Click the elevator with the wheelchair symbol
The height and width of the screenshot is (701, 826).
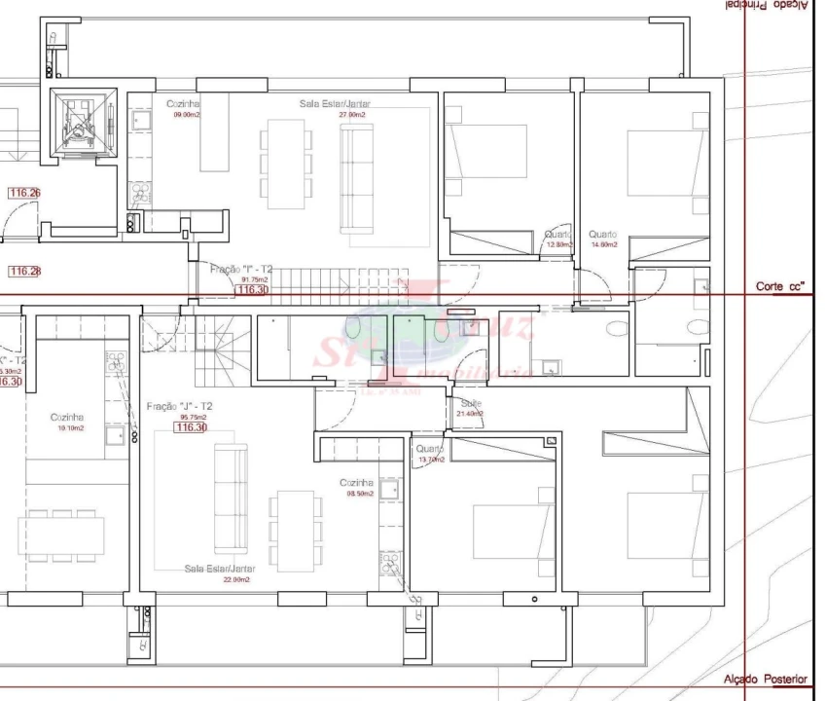point(81,125)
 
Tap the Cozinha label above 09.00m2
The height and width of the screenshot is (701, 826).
point(183,103)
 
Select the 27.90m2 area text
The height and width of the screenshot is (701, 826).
point(351,115)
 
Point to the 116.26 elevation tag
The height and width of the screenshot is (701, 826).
point(24,193)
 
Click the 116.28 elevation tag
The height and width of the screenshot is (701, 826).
point(24,271)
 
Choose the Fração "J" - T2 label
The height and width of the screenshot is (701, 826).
point(180,405)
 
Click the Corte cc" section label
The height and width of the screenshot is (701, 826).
point(780,287)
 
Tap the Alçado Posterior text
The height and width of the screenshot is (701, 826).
point(765,679)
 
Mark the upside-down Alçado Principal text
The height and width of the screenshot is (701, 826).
point(765,6)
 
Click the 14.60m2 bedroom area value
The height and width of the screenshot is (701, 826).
point(603,245)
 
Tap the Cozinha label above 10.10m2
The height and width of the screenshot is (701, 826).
point(67,417)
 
